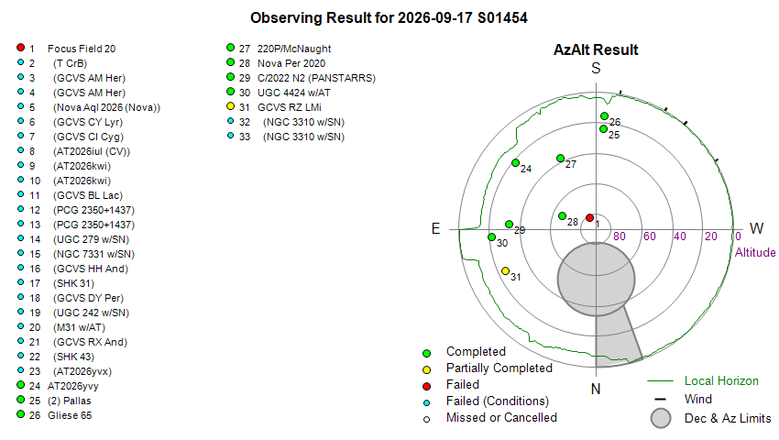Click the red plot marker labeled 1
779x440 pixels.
pyautogui.click(x=589, y=218)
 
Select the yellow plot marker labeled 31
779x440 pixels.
pyautogui.click(x=505, y=271)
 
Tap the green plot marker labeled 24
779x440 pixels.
pyautogui.click(x=516, y=162)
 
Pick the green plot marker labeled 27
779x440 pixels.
pyautogui.click(x=560, y=158)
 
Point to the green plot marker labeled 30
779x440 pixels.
pyautogui.click(x=492, y=237)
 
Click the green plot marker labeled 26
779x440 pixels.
pyautogui.click(x=604, y=115)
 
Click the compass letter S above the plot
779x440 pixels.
pyautogui.click(x=596, y=68)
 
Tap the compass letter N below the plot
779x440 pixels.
pyautogui.click(x=596, y=389)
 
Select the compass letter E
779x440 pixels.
pyautogui.click(x=435, y=228)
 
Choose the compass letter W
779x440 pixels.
pyautogui.click(x=756, y=228)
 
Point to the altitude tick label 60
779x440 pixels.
pyautogui.click(x=650, y=236)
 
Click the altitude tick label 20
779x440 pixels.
pyautogui.click(x=711, y=236)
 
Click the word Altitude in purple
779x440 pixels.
pyautogui.click(x=755, y=252)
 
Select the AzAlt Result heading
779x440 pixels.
pyautogui.click(x=596, y=49)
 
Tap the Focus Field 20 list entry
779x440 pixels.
pyautogui.click(x=82, y=49)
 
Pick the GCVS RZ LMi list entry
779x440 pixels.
pyautogui.click(x=289, y=107)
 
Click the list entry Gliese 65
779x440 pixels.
pyautogui.click(x=70, y=415)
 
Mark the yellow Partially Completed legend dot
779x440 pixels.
pyautogui.click(x=426, y=369)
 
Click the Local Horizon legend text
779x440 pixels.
pyautogui.click(x=721, y=380)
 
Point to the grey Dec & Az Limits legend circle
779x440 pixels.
pyautogui.click(x=661, y=418)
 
